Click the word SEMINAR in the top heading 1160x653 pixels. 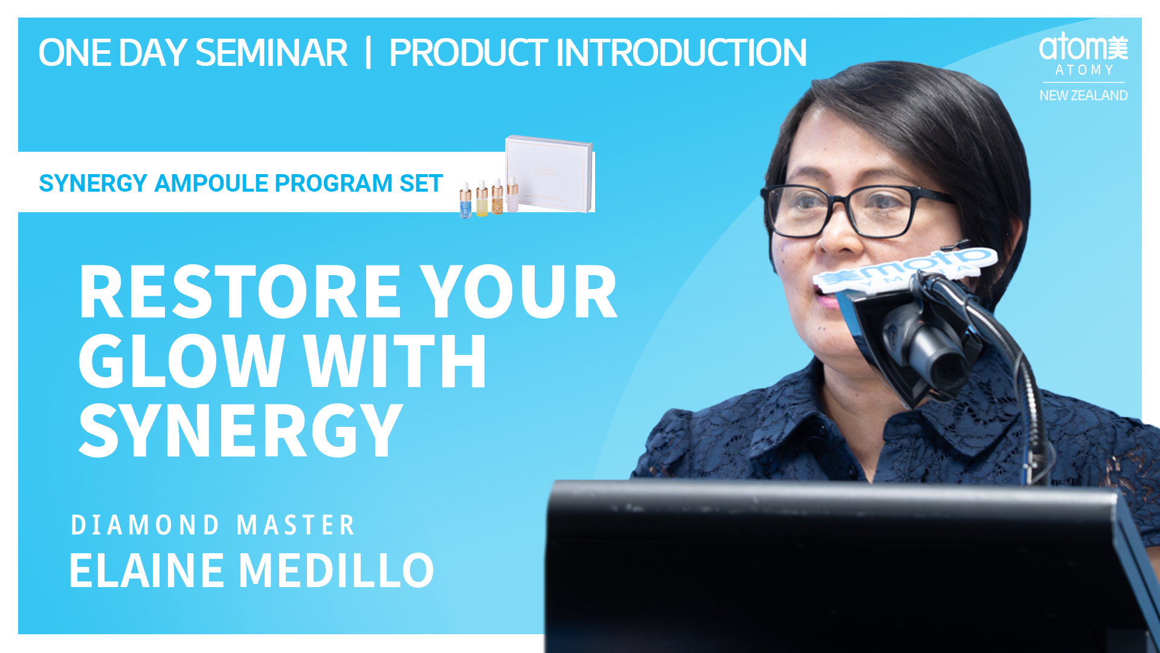pyautogui.click(x=271, y=53)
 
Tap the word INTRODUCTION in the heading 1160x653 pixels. pyautogui.click(x=681, y=53)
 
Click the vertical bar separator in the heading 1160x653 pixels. pyautogui.click(x=368, y=53)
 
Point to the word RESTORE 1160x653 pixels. pyautogui.click(x=240, y=292)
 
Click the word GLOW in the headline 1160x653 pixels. pyautogui.click(x=181, y=362)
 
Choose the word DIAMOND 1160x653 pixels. pyautogui.click(x=145, y=525)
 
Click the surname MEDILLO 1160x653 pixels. pyautogui.click(x=337, y=570)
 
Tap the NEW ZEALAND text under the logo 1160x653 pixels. pyautogui.click(x=1083, y=96)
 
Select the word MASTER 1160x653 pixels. pyautogui.click(x=295, y=525)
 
